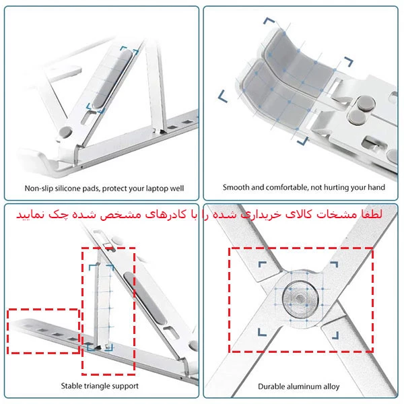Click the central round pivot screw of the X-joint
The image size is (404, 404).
tap(300, 299)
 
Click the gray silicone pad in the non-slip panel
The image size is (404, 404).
tap(112, 79)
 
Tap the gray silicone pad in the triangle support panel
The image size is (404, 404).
tap(144, 298)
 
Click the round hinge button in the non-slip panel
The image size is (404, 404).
tap(66, 132)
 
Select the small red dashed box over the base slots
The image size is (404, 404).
tap(43, 331)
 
